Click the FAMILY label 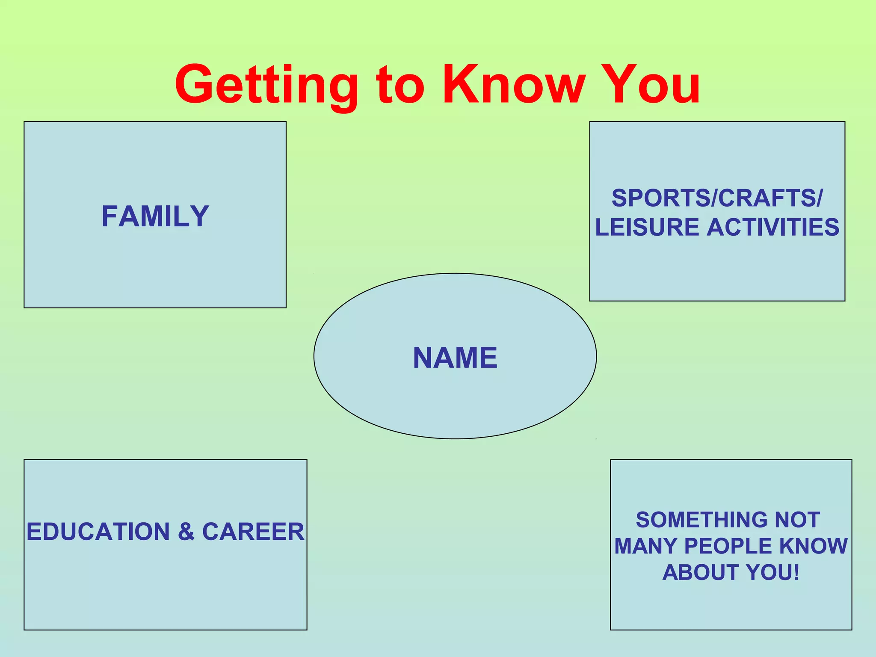click(155, 216)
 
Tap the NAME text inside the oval click(455, 358)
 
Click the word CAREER click(253, 532)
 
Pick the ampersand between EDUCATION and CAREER click(186, 532)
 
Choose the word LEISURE click(648, 227)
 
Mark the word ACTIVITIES click(773, 227)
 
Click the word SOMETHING click(701, 520)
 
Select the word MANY click(646, 546)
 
